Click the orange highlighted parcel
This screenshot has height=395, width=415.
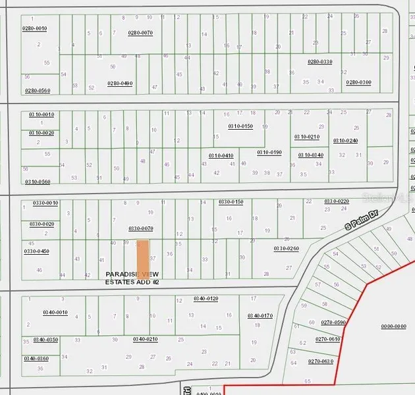pos(142,255)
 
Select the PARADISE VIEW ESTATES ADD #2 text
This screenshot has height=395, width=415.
pos(132,278)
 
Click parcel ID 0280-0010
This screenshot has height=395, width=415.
pos(35,28)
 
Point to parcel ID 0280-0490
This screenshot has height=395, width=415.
pos(120,83)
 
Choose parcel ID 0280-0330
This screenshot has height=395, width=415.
pos(319,62)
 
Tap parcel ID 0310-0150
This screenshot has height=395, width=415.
pos(240,126)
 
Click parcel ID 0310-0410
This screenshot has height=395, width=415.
pos(221,155)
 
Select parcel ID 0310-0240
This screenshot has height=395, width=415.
pos(345,140)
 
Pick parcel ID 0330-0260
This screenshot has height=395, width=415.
pos(287,248)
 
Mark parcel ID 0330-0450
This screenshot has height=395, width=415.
pos(37,251)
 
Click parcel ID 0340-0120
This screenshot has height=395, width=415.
pos(206,299)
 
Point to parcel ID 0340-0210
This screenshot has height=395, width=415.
pos(145,339)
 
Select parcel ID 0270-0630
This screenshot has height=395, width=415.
pos(321,361)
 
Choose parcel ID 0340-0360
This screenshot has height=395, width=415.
pos(36,358)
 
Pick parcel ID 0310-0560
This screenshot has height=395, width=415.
pos(37,181)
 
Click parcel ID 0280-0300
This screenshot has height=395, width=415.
pos(358,82)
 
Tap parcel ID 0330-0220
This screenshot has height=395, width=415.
pos(336,201)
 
